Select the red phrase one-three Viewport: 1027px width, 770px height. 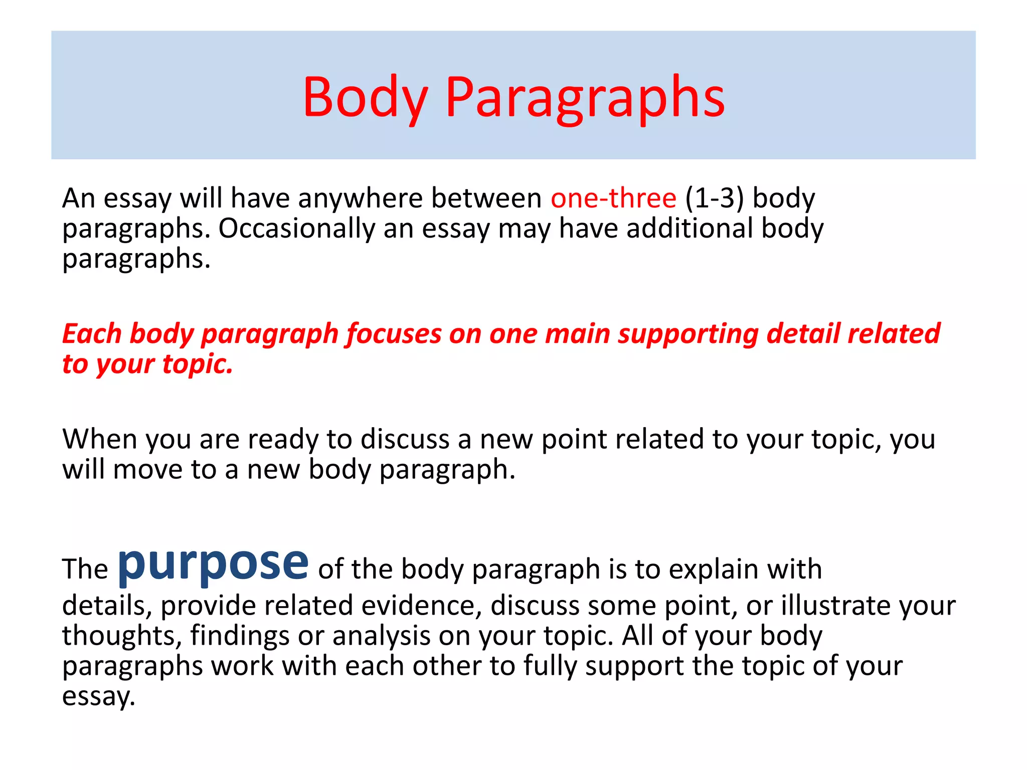pyautogui.click(x=613, y=198)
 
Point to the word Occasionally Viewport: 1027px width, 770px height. pyautogui.click(x=296, y=229)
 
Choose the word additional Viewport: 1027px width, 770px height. pyautogui.click(x=690, y=229)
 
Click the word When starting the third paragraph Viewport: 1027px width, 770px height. pyautogui.click(x=100, y=439)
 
